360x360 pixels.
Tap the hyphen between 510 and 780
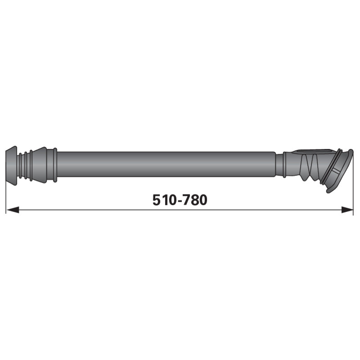[x=180, y=201]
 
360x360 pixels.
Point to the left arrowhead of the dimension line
[x=13, y=210]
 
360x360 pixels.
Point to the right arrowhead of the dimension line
[x=347, y=210]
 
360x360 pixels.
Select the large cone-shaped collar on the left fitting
[x=40, y=165]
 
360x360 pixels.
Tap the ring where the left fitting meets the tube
[x=55, y=165]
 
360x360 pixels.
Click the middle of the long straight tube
[x=166, y=164]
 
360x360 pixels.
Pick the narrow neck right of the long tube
[x=279, y=165]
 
